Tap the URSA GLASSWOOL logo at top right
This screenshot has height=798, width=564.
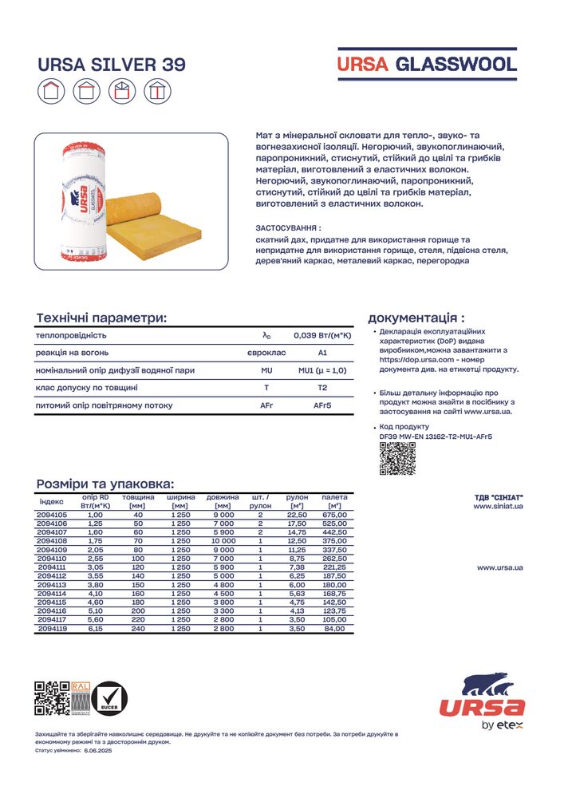click(x=427, y=65)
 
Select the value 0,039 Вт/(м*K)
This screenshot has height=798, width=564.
click(x=322, y=335)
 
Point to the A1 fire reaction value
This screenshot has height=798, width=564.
click(x=322, y=353)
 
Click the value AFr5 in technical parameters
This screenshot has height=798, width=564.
click(x=322, y=405)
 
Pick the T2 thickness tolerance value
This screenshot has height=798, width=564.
click(x=322, y=388)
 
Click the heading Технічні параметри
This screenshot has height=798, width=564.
click(x=101, y=318)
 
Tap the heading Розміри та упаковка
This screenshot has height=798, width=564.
click(x=105, y=484)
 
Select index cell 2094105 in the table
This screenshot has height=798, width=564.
click(x=53, y=515)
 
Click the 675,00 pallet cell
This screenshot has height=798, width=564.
click(x=334, y=515)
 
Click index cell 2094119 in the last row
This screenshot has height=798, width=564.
click(x=53, y=629)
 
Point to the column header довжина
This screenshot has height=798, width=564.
click(x=223, y=497)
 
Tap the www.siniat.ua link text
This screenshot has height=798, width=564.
click(x=498, y=506)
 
